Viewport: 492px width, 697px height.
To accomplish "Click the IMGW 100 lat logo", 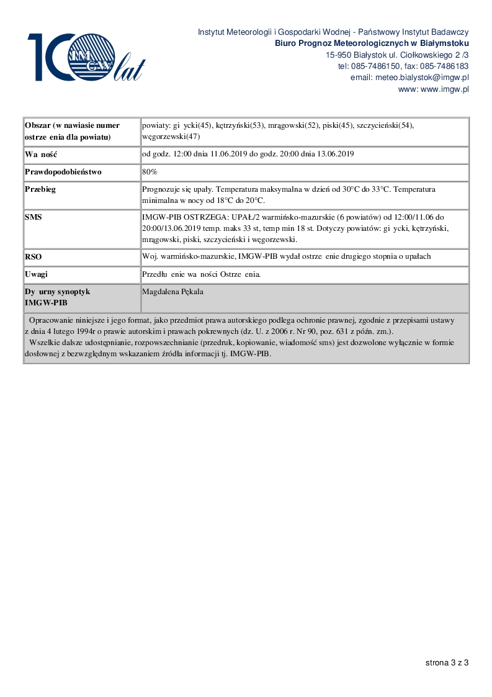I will [86, 57].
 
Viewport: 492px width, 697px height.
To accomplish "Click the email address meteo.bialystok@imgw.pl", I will [409, 78].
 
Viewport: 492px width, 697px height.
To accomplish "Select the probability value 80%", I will [150, 172].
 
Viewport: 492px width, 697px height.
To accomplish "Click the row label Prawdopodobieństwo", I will [63, 172].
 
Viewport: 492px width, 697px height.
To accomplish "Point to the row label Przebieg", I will [40, 189].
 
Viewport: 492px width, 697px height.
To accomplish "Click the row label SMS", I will [34, 217].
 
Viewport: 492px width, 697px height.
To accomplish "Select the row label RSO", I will [34, 256].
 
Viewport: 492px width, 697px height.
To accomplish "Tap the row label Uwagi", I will [37, 274].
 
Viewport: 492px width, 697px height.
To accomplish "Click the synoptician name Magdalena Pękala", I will [172, 291].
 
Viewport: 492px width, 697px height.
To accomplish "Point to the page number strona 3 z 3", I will [447, 662].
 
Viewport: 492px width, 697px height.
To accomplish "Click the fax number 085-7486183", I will [445, 66].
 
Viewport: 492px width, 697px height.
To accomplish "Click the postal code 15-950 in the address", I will [339, 55].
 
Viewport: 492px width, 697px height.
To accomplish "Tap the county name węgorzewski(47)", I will [171, 137].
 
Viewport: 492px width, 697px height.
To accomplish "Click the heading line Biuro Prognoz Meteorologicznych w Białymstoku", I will [372, 43].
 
